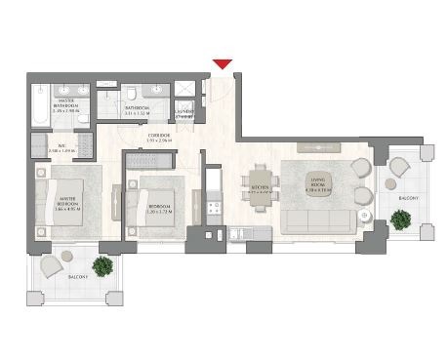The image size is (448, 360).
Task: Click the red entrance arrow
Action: (223, 64)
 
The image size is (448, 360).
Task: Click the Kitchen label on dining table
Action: (259, 190)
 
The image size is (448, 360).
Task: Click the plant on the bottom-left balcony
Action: (102, 264)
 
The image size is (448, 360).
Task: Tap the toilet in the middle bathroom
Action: (132, 96)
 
